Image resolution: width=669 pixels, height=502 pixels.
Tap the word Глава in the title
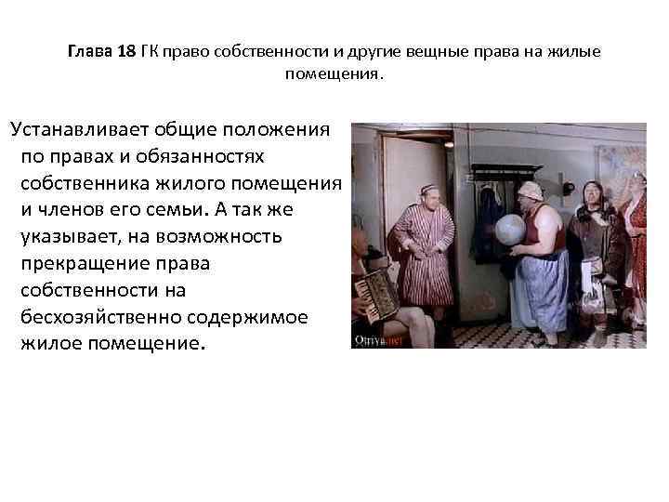(90, 51)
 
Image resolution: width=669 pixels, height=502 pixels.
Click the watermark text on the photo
(376, 340)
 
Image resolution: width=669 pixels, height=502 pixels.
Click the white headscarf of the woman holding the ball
(530, 190)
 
